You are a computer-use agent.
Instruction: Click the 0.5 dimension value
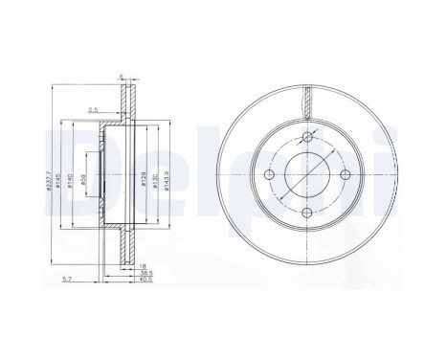pos(94,108)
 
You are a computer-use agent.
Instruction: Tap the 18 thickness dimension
pos(142,264)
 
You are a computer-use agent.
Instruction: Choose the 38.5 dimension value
pos(144,272)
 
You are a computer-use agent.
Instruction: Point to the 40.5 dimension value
pos(144,281)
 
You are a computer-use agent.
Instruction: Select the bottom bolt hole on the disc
pos(307,214)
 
